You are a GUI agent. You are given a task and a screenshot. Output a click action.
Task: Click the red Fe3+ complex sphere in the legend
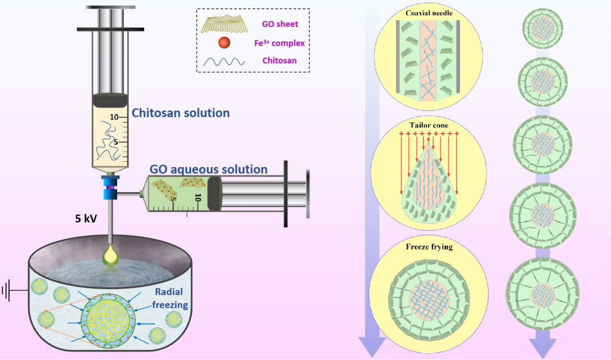(x=226, y=42)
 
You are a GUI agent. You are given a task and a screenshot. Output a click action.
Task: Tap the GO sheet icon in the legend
(x=226, y=24)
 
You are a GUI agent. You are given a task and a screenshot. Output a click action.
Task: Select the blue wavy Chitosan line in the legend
(x=226, y=61)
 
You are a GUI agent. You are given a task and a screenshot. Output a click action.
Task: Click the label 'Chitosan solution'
(x=180, y=113)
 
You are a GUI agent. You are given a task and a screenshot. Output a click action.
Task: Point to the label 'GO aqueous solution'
(x=208, y=169)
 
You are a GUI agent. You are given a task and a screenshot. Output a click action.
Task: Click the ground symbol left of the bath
(x=7, y=291)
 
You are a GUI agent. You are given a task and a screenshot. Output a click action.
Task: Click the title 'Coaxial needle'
(x=429, y=13)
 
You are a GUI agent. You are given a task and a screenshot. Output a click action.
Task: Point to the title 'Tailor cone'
(x=429, y=124)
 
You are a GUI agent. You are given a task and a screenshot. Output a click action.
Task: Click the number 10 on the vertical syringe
(x=114, y=118)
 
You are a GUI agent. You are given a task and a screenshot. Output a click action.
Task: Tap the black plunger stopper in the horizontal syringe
(x=217, y=194)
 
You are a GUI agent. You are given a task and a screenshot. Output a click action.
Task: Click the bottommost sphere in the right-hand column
(x=535, y=289)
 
